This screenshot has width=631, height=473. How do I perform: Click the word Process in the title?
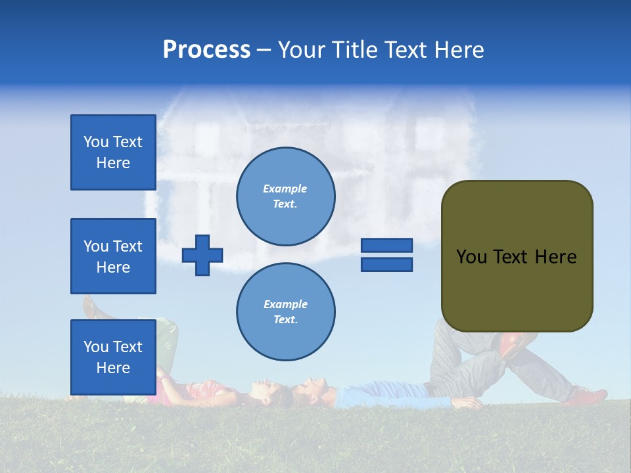[206, 50]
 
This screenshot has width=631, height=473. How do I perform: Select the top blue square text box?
[113, 152]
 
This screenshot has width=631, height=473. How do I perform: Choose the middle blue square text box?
[113, 256]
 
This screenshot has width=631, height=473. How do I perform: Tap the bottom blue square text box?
[113, 357]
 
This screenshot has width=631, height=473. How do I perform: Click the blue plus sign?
[202, 255]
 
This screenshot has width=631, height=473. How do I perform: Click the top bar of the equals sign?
[386, 245]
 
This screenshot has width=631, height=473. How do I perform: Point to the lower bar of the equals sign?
[386, 264]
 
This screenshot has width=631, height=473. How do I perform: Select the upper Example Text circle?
[285, 196]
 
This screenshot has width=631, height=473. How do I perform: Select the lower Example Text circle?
[285, 311]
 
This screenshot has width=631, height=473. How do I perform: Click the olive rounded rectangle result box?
[517, 256]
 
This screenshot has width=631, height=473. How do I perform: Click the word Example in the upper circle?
[285, 189]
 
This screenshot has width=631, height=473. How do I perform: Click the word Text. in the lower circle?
[285, 319]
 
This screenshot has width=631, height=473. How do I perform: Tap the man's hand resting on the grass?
[471, 403]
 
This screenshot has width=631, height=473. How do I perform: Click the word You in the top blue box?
[95, 142]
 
